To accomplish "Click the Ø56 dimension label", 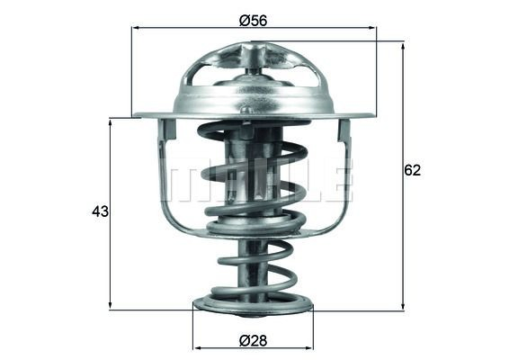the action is (254, 21).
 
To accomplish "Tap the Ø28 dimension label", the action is (254, 341).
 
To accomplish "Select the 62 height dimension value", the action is (412, 170).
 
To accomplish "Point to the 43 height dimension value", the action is (101, 211).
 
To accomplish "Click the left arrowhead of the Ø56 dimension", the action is (137, 28).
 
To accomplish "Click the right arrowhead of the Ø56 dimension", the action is (372, 28).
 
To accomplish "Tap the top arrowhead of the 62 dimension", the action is (403, 46).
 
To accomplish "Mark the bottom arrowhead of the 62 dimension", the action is (403, 305).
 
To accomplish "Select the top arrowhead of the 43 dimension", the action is (110, 123).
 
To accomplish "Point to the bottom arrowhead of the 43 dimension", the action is (110, 304).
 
